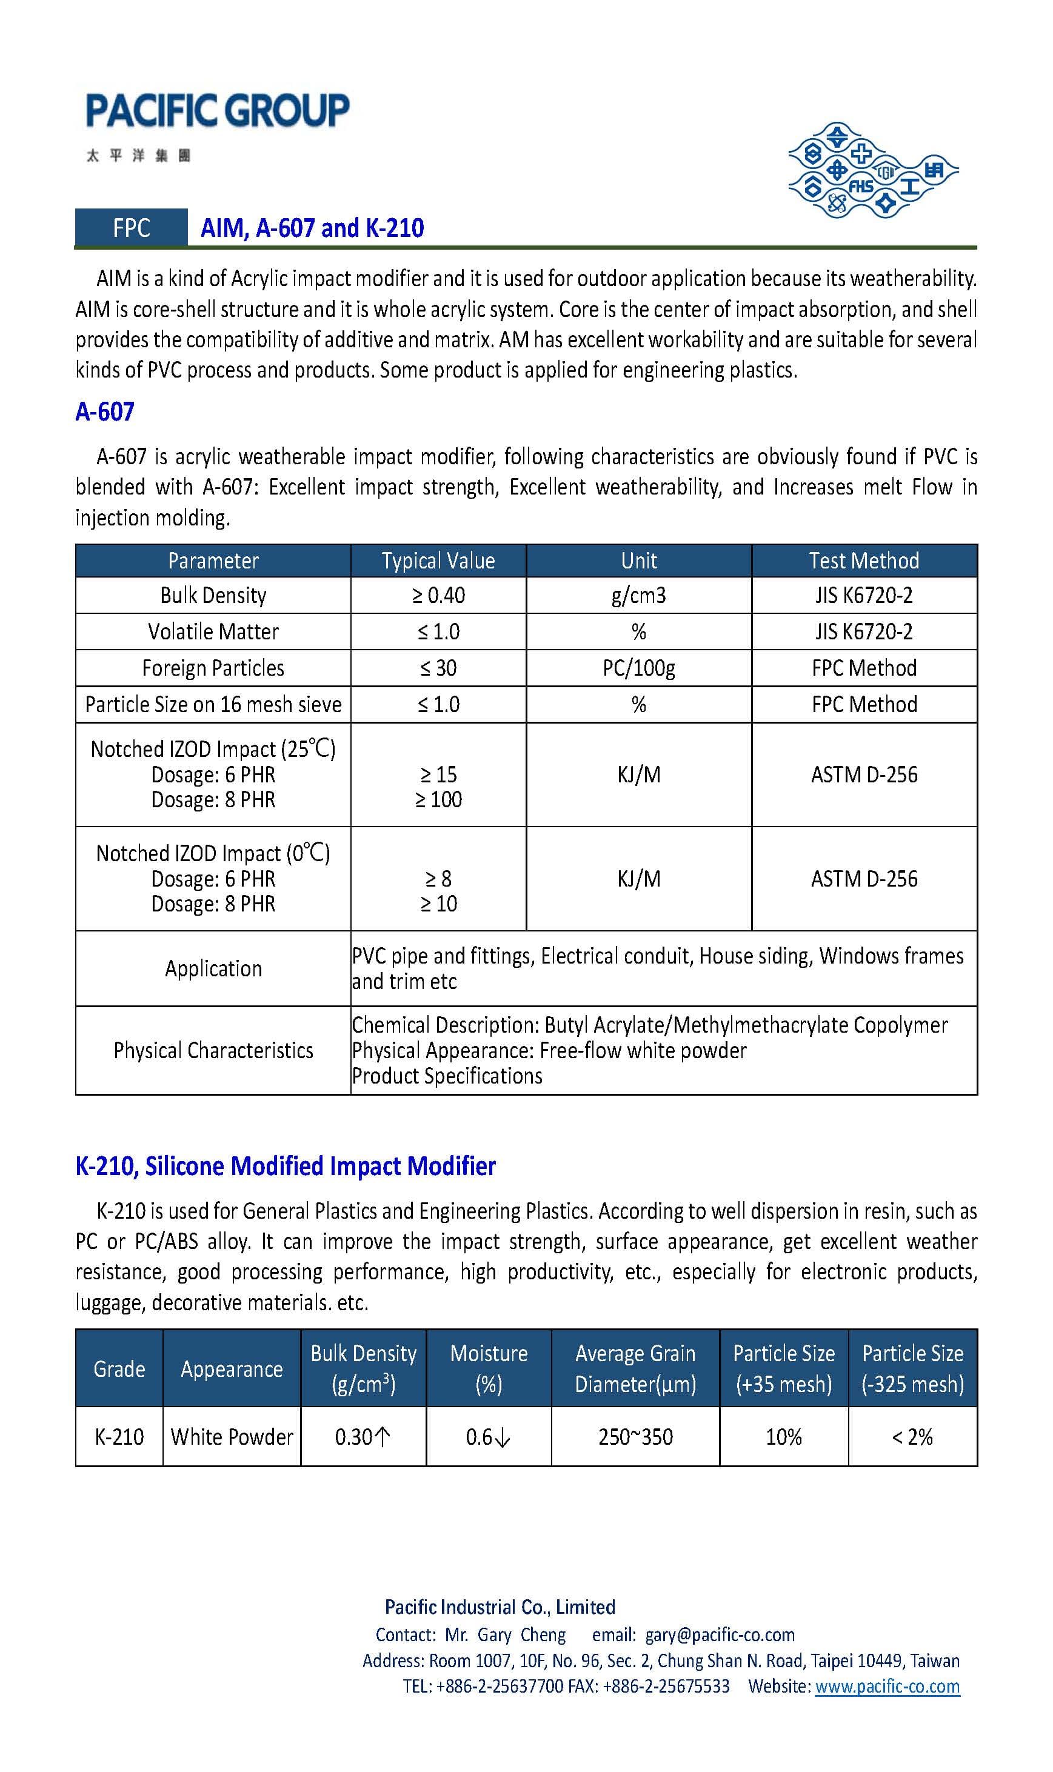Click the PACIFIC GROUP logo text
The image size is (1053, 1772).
[217, 112]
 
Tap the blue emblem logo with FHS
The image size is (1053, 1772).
[872, 171]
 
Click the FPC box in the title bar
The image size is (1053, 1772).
[132, 228]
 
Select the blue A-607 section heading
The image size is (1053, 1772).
[105, 411]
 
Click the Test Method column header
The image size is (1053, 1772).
[863, 561]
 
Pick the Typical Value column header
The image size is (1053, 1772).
[438, 561]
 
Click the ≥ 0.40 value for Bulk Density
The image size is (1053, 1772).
[438, 595]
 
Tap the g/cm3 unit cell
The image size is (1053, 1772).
[638, 595]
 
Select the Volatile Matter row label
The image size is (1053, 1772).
[213, 631]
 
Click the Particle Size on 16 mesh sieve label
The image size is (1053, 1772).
[213, 704]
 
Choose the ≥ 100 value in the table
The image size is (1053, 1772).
[438, 799]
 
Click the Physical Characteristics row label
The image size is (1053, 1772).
[213, 1050]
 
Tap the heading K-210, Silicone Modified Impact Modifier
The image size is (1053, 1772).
[286, 1165]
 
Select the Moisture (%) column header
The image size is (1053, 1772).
[488, 1368]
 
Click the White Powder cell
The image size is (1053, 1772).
[232, 1436]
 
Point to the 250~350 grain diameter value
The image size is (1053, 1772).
[635, 1436]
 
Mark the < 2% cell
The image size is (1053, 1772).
[912, 1436]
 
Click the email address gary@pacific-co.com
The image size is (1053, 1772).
[720, 1634]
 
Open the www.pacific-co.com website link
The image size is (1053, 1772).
[887, 1685]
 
